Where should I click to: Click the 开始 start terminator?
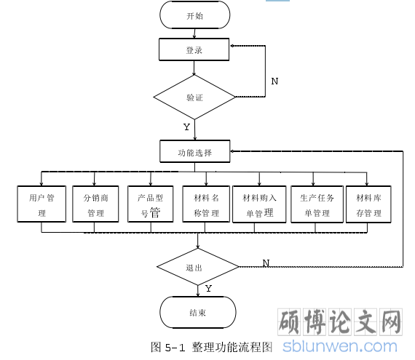(195, 15)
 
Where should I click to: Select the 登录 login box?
(194, 49)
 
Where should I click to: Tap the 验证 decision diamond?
(194, 97)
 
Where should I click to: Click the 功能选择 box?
(195, 151)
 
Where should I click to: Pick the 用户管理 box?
(41, 204)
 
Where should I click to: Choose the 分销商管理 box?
(95, 204)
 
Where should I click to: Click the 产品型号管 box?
(151, 204)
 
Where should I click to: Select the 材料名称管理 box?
(206, 204)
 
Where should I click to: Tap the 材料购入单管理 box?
(259, 204)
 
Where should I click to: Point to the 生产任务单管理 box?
(317, 204)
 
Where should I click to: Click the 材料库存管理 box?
(368, 204)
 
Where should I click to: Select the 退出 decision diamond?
(198, 267)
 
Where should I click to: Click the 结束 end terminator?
(198, 313)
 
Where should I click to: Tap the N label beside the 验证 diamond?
(274, 81)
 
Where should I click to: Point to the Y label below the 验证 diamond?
(186, 127)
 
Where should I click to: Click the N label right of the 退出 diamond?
(266, 263)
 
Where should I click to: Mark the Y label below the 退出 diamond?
(208, 289)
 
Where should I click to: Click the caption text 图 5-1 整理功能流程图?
(211, 347)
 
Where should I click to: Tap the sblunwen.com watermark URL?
(340, 346)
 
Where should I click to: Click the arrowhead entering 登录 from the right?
(232, 46)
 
